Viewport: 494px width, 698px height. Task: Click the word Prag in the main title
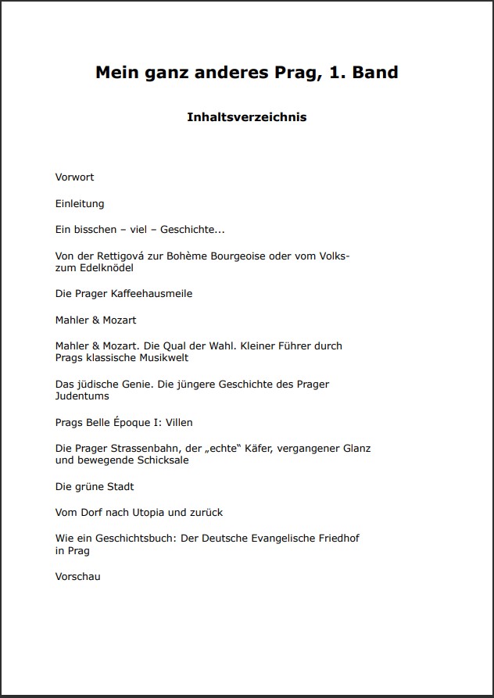[299, 73]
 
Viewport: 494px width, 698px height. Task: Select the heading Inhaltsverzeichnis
[246, 117]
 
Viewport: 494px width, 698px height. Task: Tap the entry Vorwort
[74, 177]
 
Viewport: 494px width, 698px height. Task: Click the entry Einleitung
[80, 204]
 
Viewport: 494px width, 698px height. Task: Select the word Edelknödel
[106, 268]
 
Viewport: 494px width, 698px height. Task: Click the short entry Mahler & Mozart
[95, 320]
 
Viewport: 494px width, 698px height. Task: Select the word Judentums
[82, 396]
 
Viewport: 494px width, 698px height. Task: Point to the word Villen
[179, 423]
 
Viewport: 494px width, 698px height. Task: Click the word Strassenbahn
[143, 449]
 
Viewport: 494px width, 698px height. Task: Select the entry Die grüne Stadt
[95, 487]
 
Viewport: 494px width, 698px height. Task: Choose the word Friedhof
[339, 539]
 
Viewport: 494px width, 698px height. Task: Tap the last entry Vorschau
[77, 577]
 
